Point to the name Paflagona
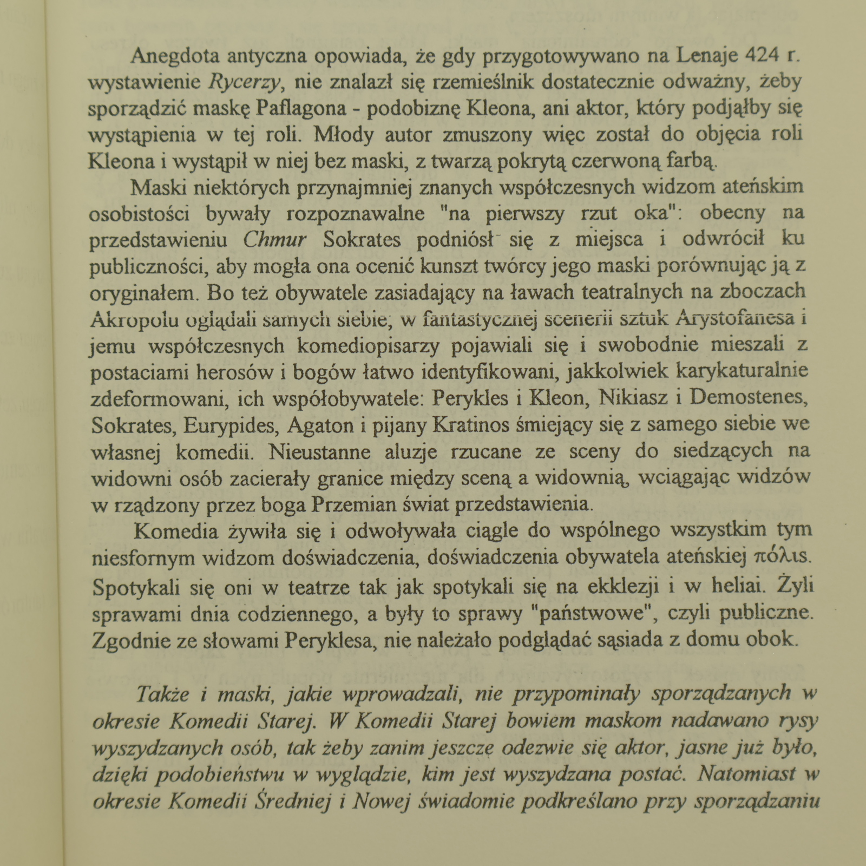(301, 108)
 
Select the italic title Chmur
(275, 240)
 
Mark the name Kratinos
(471, 425)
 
